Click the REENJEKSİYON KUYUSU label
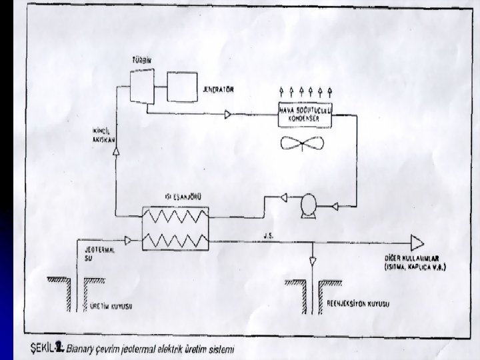point(360,305)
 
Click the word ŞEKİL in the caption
point(41,347)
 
